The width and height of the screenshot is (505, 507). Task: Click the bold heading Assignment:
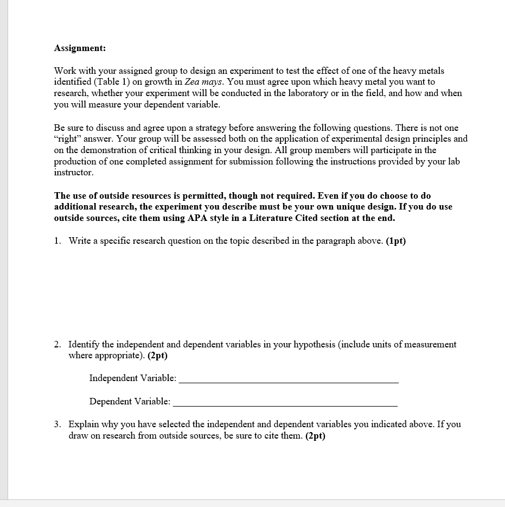[x=80, y=48]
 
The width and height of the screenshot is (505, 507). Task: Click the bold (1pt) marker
[x=395, y=241]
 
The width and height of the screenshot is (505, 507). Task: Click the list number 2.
[x=57, y=345]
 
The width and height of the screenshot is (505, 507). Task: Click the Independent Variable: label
[x=132, y=378]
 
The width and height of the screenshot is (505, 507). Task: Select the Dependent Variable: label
[x=130, y=402]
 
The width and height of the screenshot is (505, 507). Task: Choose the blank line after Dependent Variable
[x=285, y=405]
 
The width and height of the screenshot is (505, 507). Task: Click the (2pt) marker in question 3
[x=315, y=436]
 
